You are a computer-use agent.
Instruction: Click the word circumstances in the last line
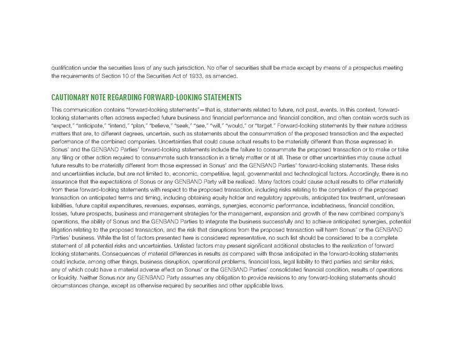click(73, 286)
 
